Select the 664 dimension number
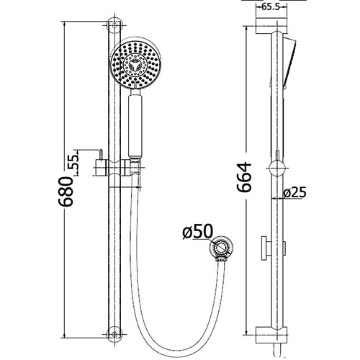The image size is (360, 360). click(245, 176)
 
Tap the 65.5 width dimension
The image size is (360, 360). click(271, 7)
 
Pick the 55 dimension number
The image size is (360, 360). click(74, 163)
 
